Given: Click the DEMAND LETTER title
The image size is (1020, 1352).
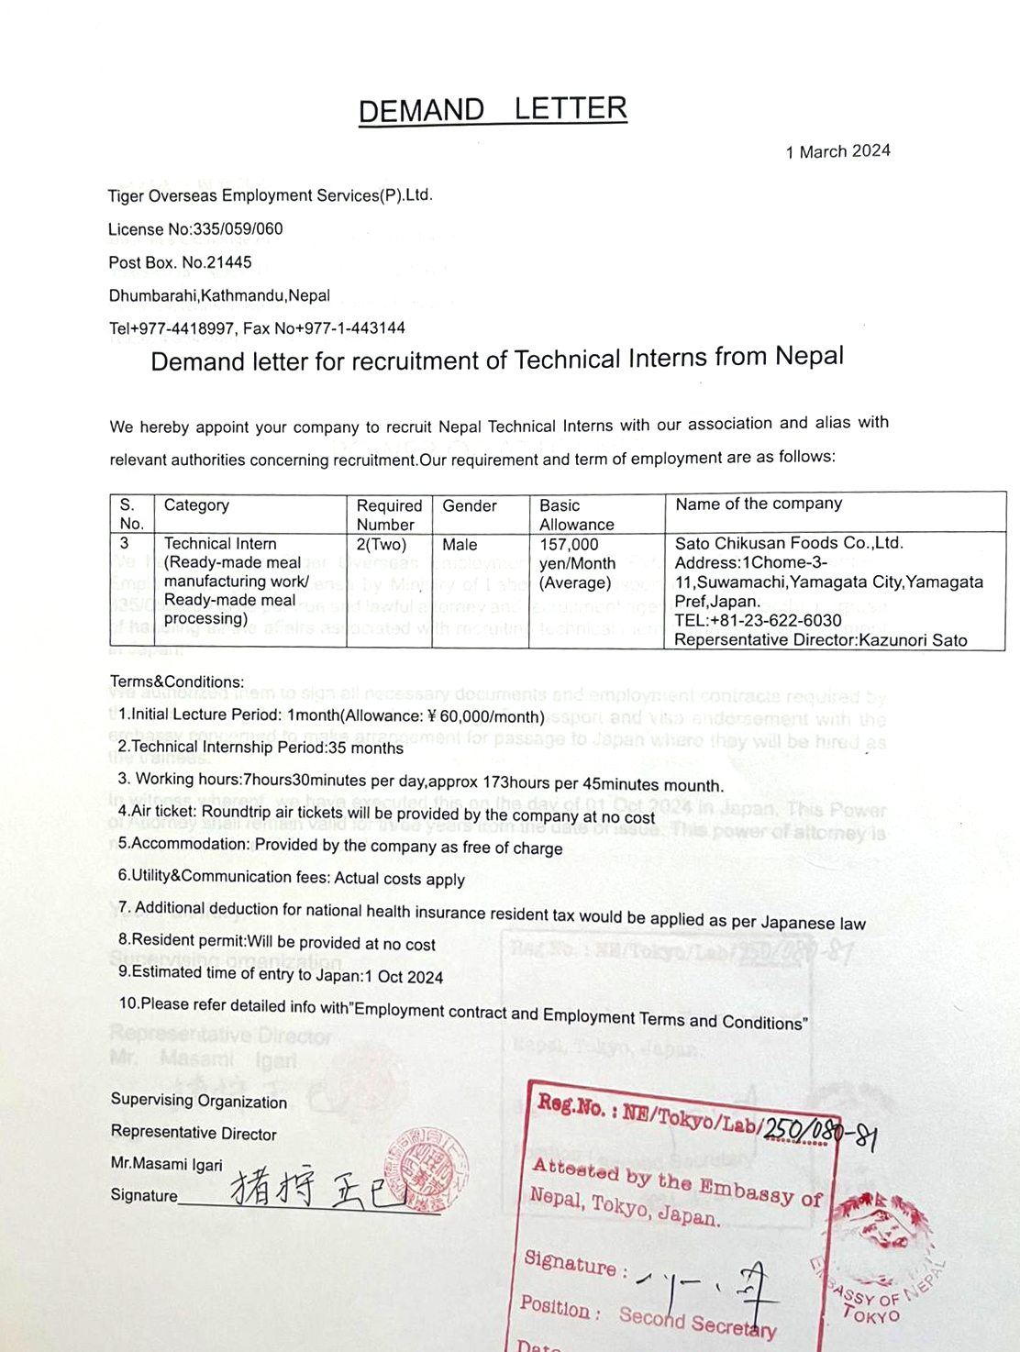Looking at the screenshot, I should pyautogui.click(x=493, y=110).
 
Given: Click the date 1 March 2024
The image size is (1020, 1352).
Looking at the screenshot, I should pyautogui.click(x=837, y=151).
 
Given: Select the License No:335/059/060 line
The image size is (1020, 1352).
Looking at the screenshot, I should pyautogui.click(x=195, y=229).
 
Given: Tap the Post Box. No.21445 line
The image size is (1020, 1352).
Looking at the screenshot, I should pyautogui.click(x=180, y=262).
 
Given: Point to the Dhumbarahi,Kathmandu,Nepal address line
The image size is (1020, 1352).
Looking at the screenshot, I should pyautogui.click(x=219, y=295).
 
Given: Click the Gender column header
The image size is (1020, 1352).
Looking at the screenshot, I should pyautogui.click(x=469, y=505).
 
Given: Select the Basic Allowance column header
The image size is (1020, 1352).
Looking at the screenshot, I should pyautogui.click(x=576, y=515).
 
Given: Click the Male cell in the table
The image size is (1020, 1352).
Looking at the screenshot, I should pyautogui.click(x=460, y=544).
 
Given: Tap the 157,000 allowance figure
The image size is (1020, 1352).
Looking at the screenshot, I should pyautogui.click(x=569, y=544).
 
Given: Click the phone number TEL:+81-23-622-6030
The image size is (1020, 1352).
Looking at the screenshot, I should pyautogui.click(x=758, y=620).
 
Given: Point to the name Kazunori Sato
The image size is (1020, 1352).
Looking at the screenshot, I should pyautogui.click(x=913, y=640).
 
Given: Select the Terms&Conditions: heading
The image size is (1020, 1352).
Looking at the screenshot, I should pyautogui.click(x=177, y=682).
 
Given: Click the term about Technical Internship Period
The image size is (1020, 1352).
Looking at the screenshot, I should pyautogui.click(x=261, y=748).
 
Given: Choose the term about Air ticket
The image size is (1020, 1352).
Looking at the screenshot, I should pyautogui.click(x=386, y=814).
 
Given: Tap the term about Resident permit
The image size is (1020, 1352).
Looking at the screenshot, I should pyautogui.click(x=277, y=942).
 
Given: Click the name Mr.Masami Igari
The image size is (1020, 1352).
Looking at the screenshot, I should pyautogui.click(x=167, y=1164).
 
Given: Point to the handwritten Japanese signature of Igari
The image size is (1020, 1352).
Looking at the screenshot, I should pyautogui.click(x=316, y=1191).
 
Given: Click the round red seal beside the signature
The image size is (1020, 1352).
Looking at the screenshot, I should pyautogui.click(x=428, y=1170).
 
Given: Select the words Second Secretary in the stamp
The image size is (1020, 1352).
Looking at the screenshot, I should pyautogui.click(x=697, y=1322).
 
